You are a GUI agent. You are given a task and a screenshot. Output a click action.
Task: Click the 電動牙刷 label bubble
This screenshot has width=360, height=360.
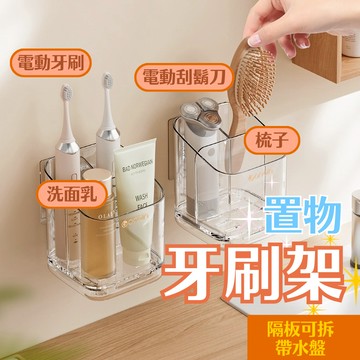click(x=51, y=63)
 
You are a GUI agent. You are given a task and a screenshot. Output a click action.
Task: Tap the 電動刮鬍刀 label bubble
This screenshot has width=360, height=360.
click(x=184, y=77)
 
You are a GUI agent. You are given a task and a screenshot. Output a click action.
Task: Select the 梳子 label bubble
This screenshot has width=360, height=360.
click(x=272, y=140)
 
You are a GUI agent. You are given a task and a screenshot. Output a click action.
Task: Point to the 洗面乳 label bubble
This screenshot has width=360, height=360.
click(x=72, y=195)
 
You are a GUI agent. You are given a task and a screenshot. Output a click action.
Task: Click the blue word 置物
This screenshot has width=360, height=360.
click(x=302, y=214)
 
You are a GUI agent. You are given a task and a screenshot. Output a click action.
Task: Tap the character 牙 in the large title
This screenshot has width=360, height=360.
click(x=191, y=271)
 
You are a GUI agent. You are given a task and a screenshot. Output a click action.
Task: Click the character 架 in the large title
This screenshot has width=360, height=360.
click(x=313, y=271)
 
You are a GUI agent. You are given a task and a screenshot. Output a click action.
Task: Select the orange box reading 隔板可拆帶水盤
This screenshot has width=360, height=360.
click(x=304, y=338)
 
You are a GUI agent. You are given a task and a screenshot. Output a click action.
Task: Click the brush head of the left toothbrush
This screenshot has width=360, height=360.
click(x=67, y=93)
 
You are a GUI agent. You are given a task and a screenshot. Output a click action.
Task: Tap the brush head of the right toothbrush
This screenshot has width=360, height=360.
click(x=108, y=81)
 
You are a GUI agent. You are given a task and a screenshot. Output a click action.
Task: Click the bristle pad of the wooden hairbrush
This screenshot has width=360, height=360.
click(x=256, y=80)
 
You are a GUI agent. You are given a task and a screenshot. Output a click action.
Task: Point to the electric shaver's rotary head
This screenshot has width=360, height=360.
click(x=200, y=112)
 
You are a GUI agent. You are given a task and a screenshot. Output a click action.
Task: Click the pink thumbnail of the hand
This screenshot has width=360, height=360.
click(x=255, y=41)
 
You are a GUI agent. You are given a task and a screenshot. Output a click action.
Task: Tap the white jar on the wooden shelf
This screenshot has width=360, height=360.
click(x=351, y=44)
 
